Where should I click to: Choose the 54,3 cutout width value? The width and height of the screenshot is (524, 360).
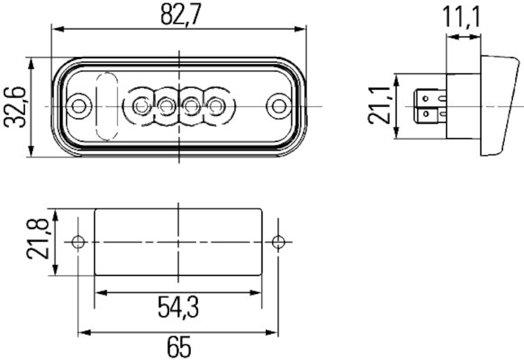pyautogui.click(x=178, y=306)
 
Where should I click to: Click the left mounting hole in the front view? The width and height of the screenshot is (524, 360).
pyautogui.click(x=79, y=105)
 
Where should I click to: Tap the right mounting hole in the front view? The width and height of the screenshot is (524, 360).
pyautogui.click(x=279, y=105)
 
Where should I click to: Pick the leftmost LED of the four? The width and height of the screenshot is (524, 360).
pyautogui.click(x=140, y=105)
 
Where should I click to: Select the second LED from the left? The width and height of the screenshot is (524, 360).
pyautogui.click(x=165, y=105)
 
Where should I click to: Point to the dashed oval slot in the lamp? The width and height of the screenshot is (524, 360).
pyautogui.click(x=105, y=105)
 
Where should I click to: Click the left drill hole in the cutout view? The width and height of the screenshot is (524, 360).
pyautogui.click(x=79, y=242)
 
